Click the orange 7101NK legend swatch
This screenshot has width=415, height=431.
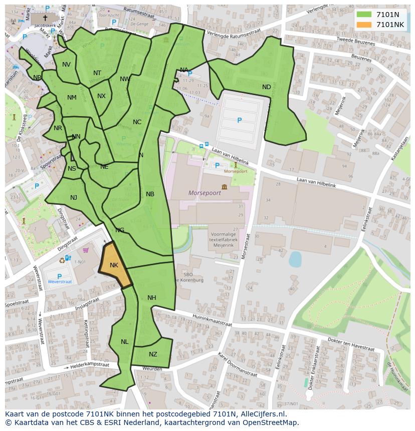364,25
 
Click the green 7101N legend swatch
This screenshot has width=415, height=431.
364,15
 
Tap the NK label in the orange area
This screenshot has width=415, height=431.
114,265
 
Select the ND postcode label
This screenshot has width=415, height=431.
266,87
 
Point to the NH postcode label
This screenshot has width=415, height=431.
152,298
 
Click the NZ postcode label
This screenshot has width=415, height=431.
153,354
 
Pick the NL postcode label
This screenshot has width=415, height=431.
124,342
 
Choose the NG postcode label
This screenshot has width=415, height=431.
120,230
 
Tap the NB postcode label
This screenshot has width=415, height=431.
150,194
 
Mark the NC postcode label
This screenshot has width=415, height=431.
137,122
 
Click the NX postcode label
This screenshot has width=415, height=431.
101,96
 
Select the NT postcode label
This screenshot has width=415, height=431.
97,73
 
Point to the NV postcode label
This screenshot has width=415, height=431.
66,65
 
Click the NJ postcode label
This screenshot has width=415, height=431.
74,198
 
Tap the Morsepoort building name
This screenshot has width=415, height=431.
204,193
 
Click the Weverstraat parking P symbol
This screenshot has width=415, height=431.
60,276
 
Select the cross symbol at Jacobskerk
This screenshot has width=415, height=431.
45,18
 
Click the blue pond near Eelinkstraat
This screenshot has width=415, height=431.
295,259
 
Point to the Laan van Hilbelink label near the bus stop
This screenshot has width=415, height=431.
230,159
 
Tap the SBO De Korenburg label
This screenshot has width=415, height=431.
193,277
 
